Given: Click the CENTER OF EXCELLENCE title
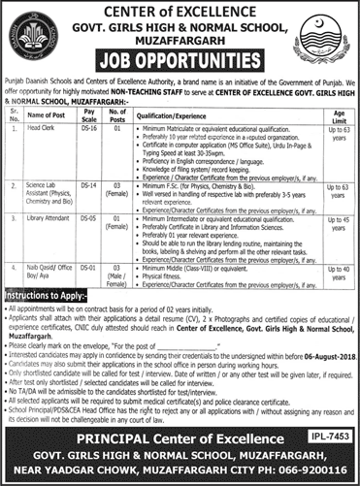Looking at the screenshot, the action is tap(180, 11).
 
